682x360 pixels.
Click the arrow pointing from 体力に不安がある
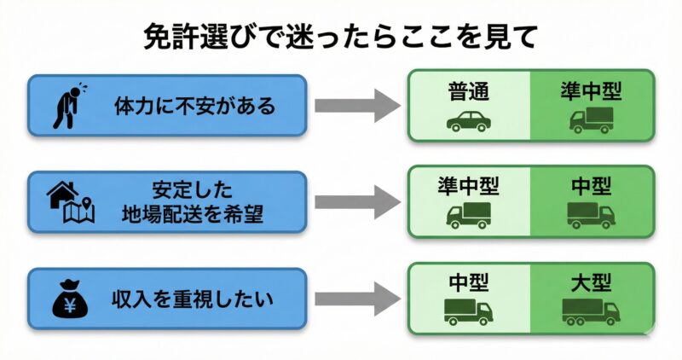(356, 107)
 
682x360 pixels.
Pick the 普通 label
(468, 90)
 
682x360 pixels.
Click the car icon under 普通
(468, 121)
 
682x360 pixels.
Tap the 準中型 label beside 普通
(591, 90)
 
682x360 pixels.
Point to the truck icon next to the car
(591, 120)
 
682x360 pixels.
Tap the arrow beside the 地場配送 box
(356, 202)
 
